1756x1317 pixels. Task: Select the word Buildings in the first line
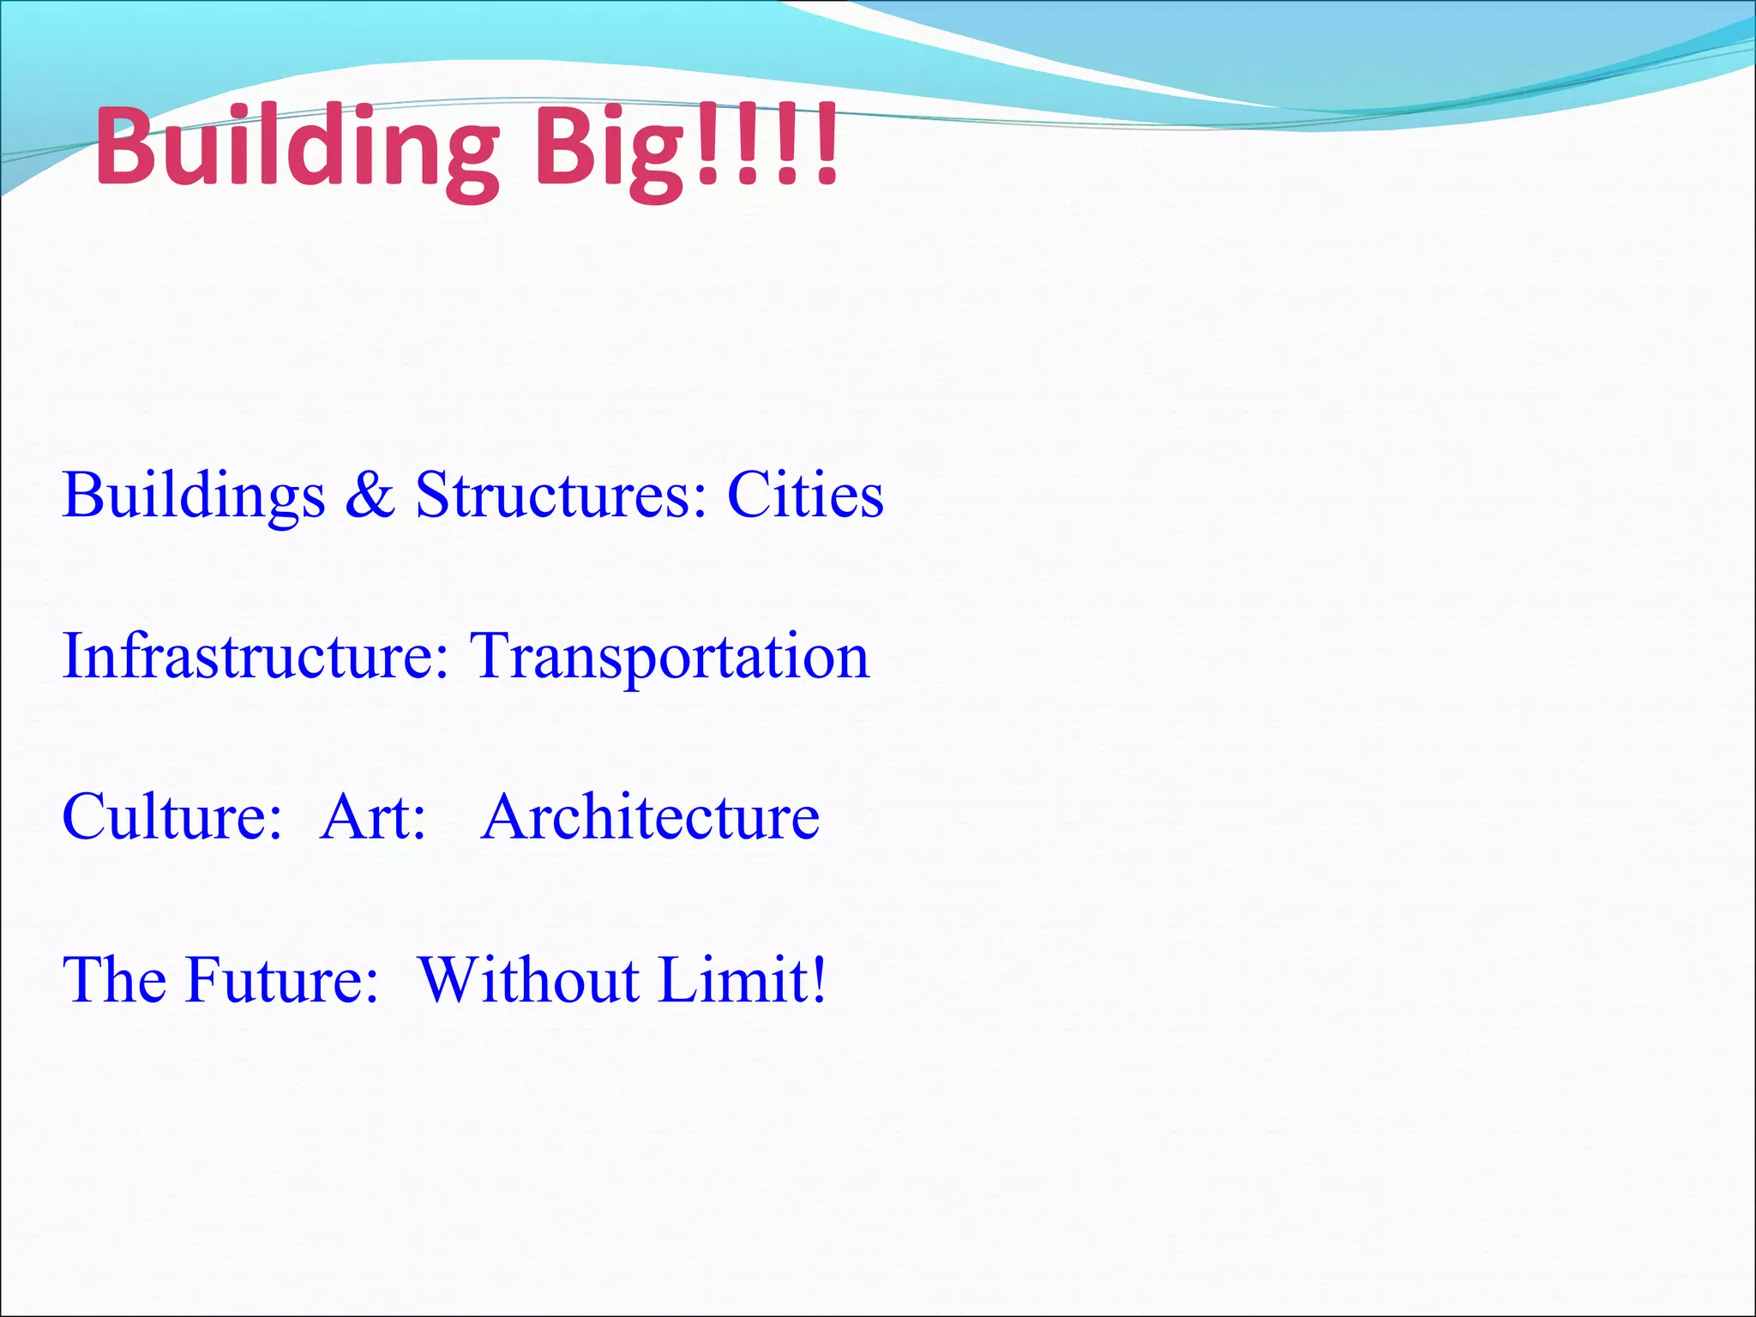(x=194, y=496)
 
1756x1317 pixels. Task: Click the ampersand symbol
(x=370, y=496)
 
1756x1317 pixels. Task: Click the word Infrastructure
(x=249, y=656)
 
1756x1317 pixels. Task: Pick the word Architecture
(x=650, y=817)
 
